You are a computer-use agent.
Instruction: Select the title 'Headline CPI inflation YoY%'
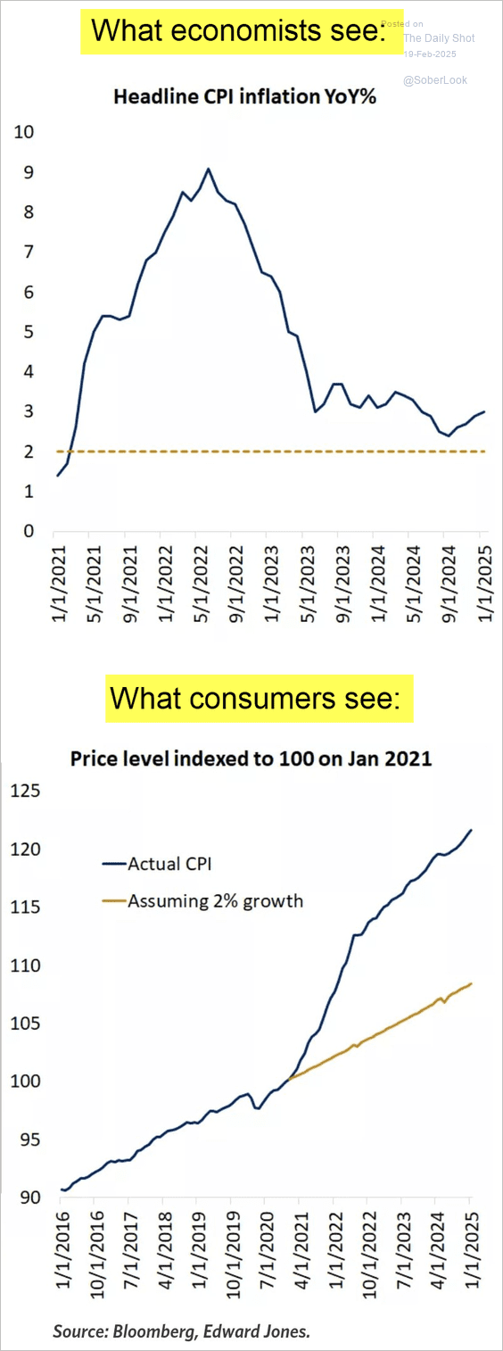(244, 97)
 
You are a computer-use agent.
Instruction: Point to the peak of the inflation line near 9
(208, 169)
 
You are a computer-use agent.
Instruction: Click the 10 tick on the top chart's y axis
(24, 133)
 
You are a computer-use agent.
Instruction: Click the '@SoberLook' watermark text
(434, 80)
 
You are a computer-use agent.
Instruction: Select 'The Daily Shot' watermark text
(439, 38)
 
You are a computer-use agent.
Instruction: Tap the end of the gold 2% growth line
(471, 983)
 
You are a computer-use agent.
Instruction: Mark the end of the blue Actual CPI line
(472, 830)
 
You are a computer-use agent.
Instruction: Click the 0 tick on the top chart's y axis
(29, 532)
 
